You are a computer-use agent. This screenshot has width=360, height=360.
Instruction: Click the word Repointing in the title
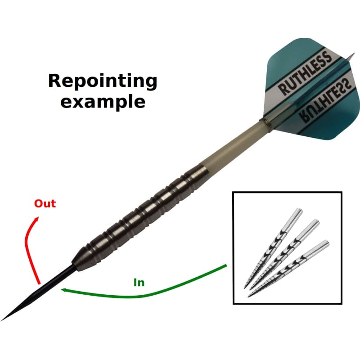coord(103,81)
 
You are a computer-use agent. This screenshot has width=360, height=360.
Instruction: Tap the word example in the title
coord(103,101)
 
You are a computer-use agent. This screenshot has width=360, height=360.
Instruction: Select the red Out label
coord(45,203)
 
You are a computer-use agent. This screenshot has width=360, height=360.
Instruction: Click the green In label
coord(139,283)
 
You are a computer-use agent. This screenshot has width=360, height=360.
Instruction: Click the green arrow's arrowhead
coord(64,290)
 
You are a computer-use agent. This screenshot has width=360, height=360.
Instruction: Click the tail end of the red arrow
coord(40,283)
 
